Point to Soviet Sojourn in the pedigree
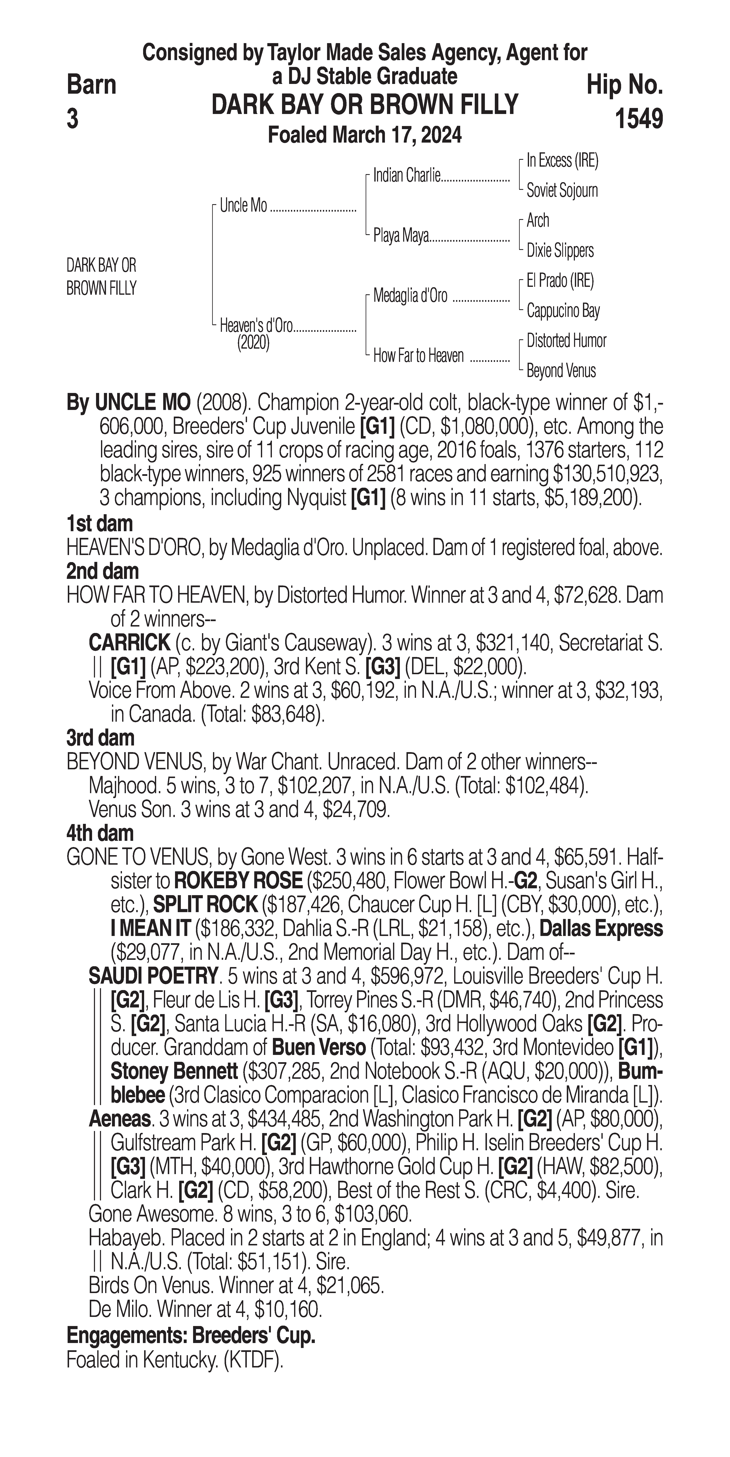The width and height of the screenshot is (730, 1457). coord(562,191)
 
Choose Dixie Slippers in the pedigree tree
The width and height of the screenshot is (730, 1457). coord(560,251)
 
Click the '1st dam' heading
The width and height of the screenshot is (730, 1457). coord(100,524)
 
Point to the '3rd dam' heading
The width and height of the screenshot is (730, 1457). coord(100,738)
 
